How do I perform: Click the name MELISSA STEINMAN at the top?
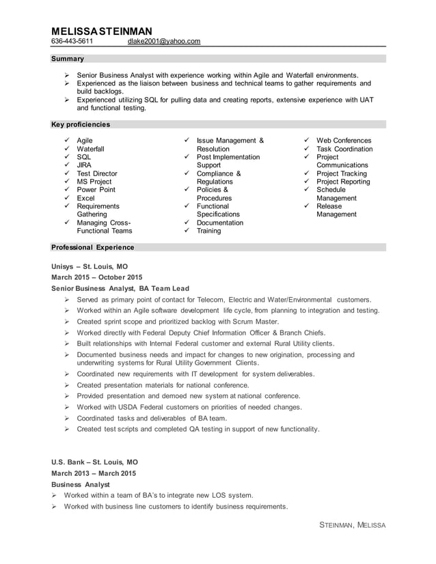point(102,31)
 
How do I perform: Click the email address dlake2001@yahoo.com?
point(164,42)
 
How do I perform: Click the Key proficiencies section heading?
point(81,125)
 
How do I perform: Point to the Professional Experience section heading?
point(93,247)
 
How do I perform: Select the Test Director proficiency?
point(97,173)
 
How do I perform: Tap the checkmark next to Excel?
point(66,198)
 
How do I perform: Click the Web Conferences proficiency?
point(344,141)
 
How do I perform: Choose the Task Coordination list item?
point(344,149)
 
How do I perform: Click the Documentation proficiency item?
point(219,223)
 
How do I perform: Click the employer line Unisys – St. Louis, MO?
point(90,266)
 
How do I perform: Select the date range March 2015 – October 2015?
point(97,277)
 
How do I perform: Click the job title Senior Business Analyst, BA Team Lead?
point(120,289)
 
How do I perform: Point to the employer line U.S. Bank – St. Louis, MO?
point(94,462)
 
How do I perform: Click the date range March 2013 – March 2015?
point(94,473)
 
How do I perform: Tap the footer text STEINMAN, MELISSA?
point(353,525)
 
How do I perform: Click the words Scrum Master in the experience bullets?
point(257,322)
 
